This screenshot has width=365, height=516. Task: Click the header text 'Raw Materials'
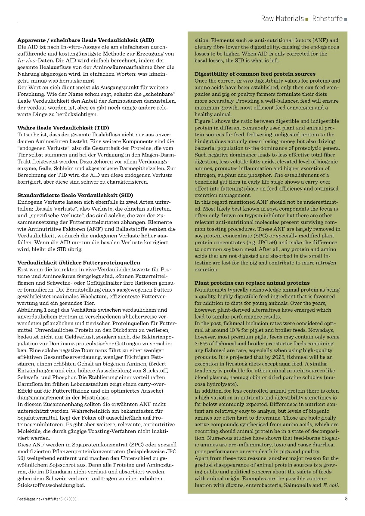(282, 19)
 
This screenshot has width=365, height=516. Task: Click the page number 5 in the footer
(346, 499)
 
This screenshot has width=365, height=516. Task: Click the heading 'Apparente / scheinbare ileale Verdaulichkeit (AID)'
(85, 40)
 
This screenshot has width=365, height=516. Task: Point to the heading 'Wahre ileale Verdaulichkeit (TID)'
(63, 128)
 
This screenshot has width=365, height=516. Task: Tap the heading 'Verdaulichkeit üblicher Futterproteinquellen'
(78, 262)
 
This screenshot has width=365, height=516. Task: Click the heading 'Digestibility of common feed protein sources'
(255, 74)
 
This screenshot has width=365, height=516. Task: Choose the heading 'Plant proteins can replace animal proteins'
(252, 283)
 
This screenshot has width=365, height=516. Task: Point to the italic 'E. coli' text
(331, 485)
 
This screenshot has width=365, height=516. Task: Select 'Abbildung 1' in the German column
(34, 310)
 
